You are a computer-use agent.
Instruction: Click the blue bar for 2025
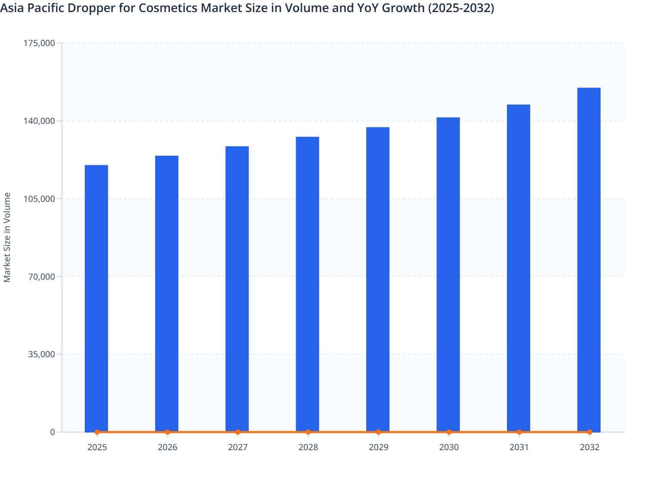(96, 297)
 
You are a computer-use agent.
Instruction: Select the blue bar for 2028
(307, 284)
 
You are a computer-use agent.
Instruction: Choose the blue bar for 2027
(237, 288)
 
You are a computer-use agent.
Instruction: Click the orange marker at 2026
(167, 432)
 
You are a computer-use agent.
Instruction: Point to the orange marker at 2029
(378, 432)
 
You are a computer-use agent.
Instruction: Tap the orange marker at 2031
(519, 432)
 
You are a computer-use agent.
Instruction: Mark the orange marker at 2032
(590, 432)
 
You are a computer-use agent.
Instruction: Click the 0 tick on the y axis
(53, 432)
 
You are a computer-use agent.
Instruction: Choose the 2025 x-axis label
(97, 447)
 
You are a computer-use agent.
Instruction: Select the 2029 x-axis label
(378, 447)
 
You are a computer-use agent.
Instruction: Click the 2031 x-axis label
(519, 447)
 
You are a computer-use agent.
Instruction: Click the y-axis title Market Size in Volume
(7, 237)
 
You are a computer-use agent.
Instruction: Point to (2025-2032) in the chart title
(461, 8)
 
